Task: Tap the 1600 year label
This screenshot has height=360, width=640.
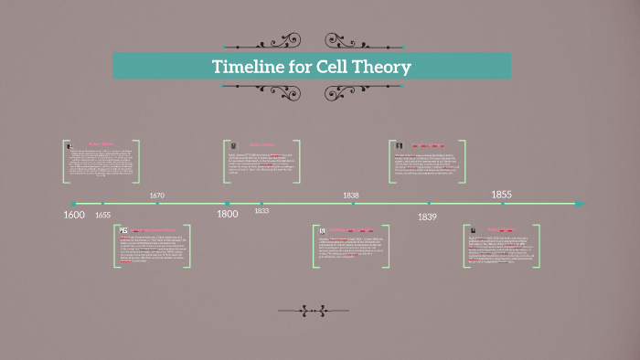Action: pos(74,215)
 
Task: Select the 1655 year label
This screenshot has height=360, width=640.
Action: pos(102,215)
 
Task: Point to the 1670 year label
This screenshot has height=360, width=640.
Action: pos(156,196)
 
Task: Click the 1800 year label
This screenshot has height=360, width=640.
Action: pos(228,215)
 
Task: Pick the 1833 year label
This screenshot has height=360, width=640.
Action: pos(261,211)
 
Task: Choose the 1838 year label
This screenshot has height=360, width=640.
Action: pos(351,196)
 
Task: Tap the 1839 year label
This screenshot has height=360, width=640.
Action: pos(427,217)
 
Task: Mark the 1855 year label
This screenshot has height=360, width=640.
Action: pos(502,195)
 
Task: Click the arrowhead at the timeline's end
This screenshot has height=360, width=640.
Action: pos(580,204)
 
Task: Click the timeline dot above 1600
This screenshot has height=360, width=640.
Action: pos(74,204)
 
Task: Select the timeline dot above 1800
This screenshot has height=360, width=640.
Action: pos(228,204)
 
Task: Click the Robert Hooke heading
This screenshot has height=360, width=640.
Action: pos(101,144)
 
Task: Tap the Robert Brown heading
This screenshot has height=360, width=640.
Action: pos(262,144)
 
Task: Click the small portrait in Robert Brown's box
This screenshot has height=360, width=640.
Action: pos(233,144)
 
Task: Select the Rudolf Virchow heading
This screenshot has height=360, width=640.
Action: pos(501,229)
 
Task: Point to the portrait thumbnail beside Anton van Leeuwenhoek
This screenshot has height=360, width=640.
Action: pos(123,231)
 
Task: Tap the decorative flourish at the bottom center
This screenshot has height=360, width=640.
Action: pos(312,311)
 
